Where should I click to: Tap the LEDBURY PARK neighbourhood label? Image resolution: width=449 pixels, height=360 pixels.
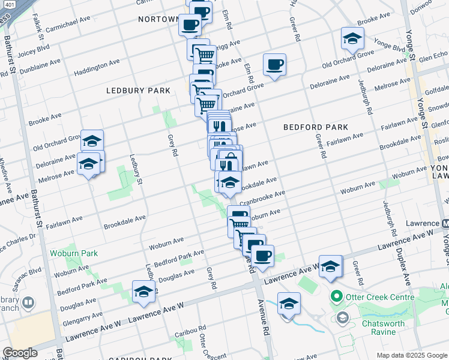click(x=138, y=91)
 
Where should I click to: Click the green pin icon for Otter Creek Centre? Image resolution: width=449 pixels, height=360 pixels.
click(x=336, y=297)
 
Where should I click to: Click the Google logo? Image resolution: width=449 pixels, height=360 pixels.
click(x=20, y=353)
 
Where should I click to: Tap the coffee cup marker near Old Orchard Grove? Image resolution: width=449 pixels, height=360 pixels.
click(x=274, y=64)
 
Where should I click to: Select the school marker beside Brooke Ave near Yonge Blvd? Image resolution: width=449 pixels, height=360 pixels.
click(x=352, y=38)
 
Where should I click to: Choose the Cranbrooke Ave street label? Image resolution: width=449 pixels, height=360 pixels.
click(x=260, y=196)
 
